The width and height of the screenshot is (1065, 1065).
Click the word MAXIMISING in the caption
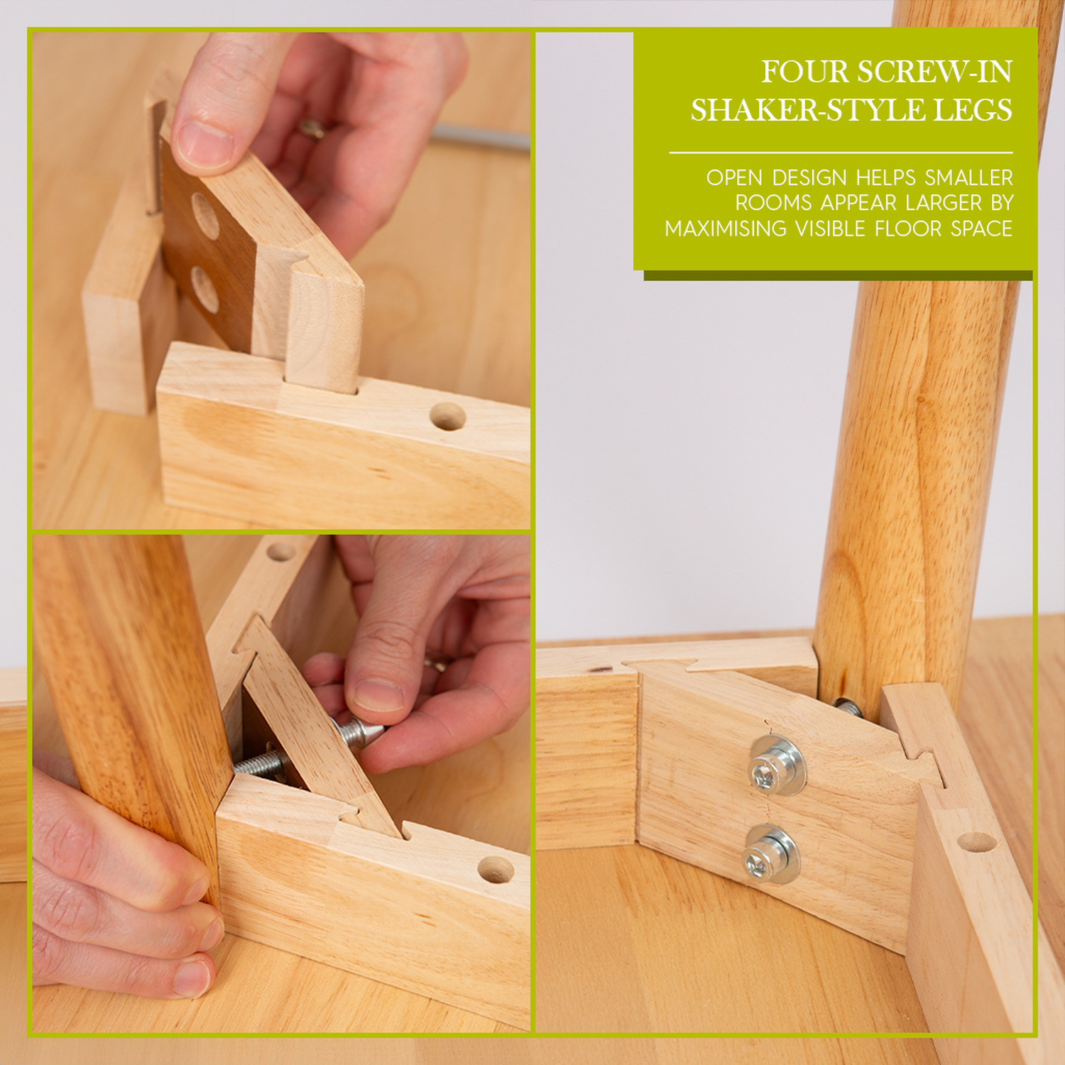point(726,229)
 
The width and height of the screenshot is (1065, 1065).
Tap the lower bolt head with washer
point(772,854)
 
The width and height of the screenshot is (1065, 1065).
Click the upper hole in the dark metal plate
point(205,216)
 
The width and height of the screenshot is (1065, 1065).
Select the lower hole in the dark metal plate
point(204,290)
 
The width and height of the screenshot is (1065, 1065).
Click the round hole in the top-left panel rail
point(448,417)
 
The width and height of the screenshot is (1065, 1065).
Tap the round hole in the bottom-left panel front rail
point(496,870)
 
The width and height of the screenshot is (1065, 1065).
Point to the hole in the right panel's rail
point(977,842)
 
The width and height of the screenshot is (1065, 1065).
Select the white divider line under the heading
point(841,152)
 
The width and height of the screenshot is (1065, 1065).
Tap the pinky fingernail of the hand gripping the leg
point(192,978)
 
